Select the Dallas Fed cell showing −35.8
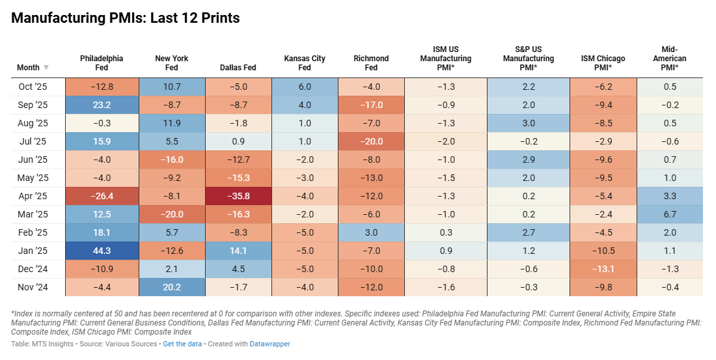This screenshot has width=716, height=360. (x=238, y=195)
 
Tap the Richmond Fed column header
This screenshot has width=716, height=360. (x=371, y=63)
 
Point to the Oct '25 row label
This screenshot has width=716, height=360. (x=33, y=87)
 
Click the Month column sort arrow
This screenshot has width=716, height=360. (x=46, y=68)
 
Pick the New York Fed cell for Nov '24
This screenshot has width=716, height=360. (x=171, y=286)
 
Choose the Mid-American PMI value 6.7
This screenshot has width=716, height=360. (x=669, y=214)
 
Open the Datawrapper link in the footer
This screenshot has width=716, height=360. (x=271, y=344)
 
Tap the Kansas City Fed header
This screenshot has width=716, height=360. (x=305, y=63)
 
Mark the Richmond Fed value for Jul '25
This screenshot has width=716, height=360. (x=371, y=141)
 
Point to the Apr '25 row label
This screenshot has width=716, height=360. (x=32, y=195)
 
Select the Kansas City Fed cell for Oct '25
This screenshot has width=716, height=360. (x=305, y=87)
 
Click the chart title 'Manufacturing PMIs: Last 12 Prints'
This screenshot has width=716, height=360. (x=126, y=18)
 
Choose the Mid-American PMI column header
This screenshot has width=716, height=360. (x=669, y=58)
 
